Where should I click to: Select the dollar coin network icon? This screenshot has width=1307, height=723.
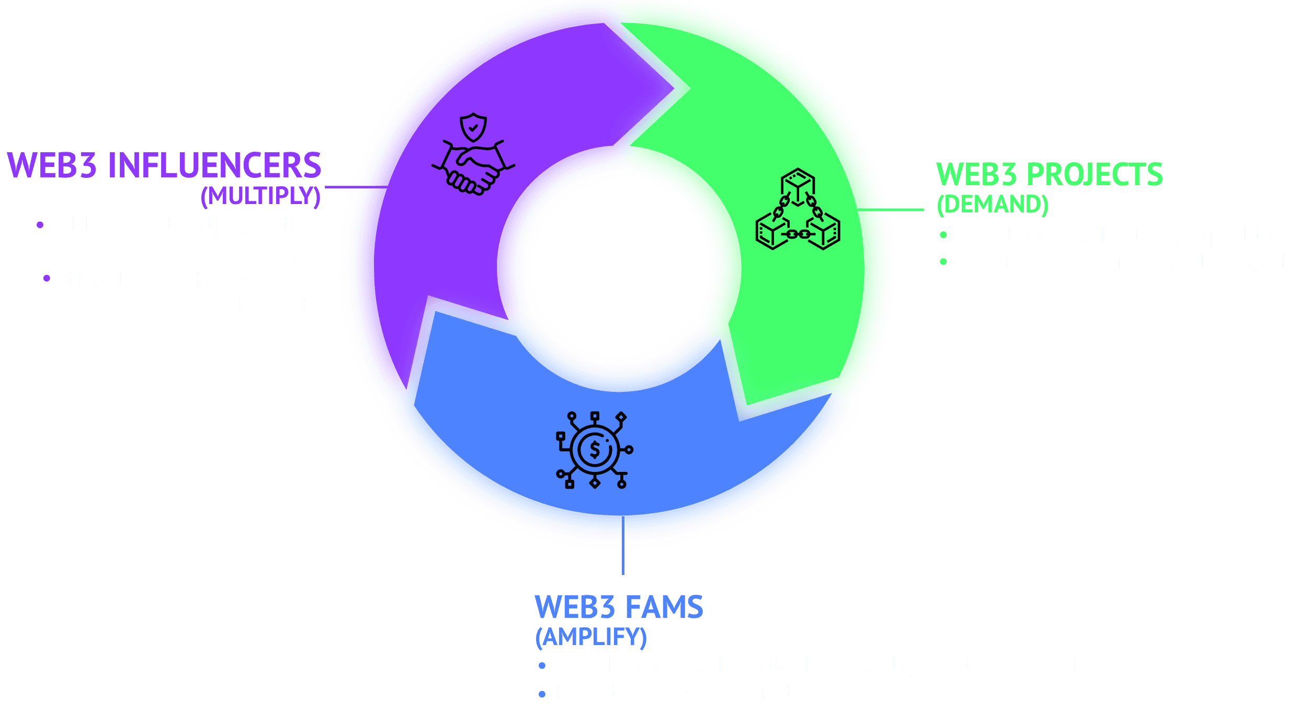pyautogui.click(x=595, y=450)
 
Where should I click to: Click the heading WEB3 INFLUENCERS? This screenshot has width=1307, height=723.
pyautogui.click(x=164, y=165)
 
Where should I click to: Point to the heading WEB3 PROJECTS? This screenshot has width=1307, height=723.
pyautogui.click(x=1049, y=174)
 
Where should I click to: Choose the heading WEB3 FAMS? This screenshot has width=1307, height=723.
pyautogui.click(x=619, y=607)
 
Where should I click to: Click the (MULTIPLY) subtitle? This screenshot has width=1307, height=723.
pyautogui.click(x=260, y=196)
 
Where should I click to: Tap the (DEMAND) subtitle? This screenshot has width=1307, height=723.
pyautogui.click(x=992, y=204)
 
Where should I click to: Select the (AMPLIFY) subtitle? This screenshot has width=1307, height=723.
pyautogui.click(x=590, y=637)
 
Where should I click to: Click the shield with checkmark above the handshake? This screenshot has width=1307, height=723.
pyautogui.click(x=473, y=127)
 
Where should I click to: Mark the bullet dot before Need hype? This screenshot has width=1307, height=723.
pyautogui.click(x=943, y=235)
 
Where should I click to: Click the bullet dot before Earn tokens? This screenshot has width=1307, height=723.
pyautogui.click(x=542, y=694)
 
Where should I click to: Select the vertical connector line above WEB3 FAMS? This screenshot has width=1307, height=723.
pyautogui.click(x=622, y=544)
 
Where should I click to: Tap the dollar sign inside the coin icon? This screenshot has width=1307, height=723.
pyautogui.click(x=595, y=450)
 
